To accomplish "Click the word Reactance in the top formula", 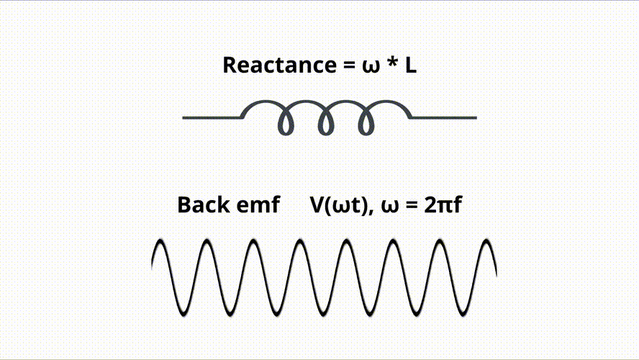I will click(x=277, y=65).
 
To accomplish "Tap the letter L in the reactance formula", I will click(x=409, y=65).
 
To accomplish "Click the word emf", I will click(x=258, y=204).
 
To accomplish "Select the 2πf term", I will click(x=443, y=204).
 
